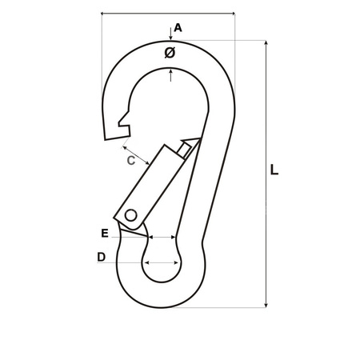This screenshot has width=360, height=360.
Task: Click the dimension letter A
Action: (178, 28)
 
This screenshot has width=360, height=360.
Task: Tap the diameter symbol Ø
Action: (170, 53)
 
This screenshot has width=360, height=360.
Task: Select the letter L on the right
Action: (274, 170)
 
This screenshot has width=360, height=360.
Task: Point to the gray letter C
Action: (133, 160)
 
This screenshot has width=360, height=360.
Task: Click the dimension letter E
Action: (105, 234)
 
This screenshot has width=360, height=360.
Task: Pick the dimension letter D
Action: (102, 258)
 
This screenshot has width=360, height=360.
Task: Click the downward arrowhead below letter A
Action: (171, 37)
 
